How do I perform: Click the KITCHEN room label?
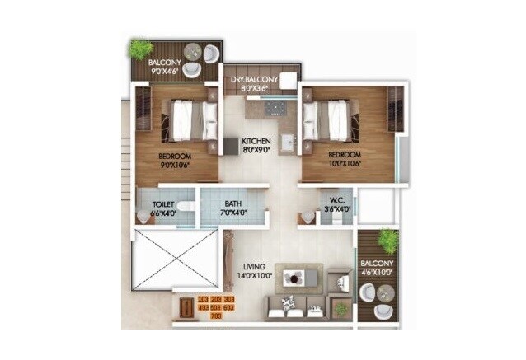click(x=256, y=142)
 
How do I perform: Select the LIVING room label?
click(x=254, y=268)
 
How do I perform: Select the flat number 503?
click(x=216, y=307)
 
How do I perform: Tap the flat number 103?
click(x=203, y=299)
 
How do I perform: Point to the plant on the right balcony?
click(x=388, y=240)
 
